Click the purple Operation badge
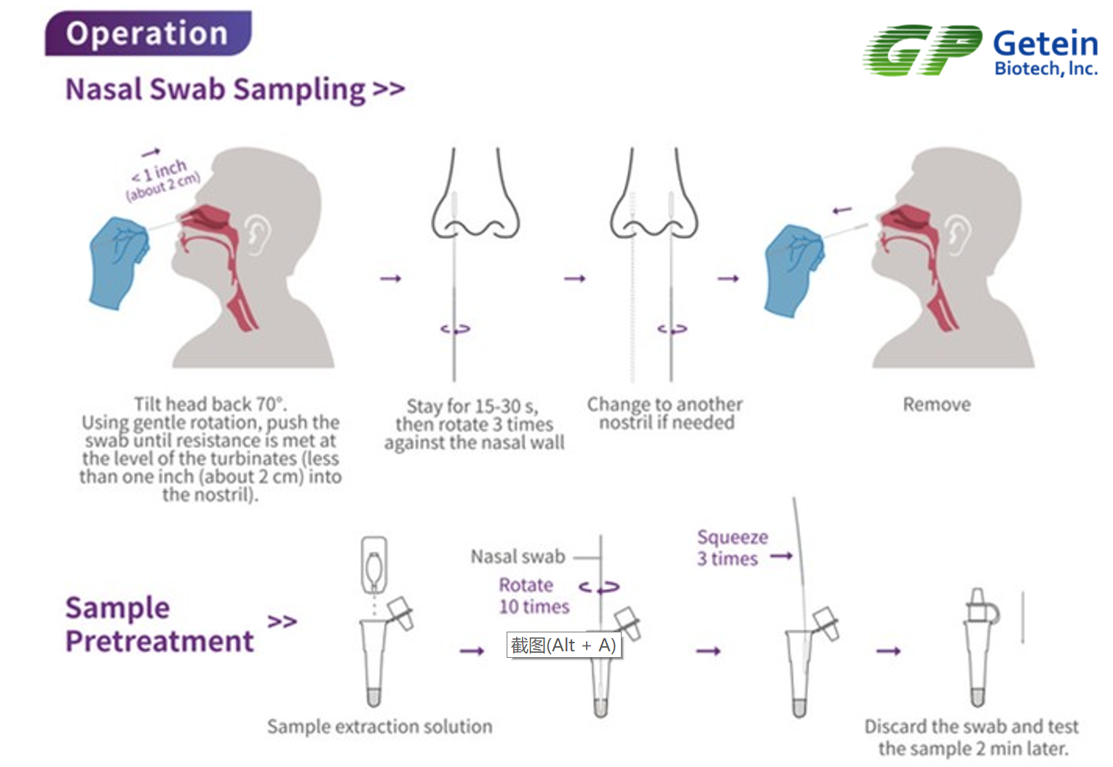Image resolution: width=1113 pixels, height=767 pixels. [x=148, y=33]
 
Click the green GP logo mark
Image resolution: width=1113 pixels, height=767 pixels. [x=922, y=49]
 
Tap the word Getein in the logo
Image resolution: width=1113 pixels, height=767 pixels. [x=1045, y=43]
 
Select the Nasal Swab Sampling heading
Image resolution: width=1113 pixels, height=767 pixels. [x=235, y=90]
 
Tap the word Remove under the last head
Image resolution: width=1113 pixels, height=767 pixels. [x=937, y=405]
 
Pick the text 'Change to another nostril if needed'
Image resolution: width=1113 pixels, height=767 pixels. [x=665, y=413]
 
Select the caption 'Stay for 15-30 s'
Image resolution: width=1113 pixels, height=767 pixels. [x=472, y=406]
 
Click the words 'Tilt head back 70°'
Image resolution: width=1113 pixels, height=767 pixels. [x=210, y=404]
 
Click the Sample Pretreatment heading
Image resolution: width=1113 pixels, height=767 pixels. [x=159, y=624]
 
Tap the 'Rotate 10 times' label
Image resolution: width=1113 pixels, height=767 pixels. [x=534, y=595]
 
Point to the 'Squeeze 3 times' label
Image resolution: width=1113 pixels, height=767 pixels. [x=732, y=548]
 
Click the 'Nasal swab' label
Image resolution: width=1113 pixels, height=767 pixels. [x=518, y=557]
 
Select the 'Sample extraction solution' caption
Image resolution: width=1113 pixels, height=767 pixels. [x=380, y=726]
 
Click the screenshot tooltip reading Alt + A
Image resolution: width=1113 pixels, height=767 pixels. [x=564, y=645]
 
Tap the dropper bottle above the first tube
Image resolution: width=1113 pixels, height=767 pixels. [x=374, y=565]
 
